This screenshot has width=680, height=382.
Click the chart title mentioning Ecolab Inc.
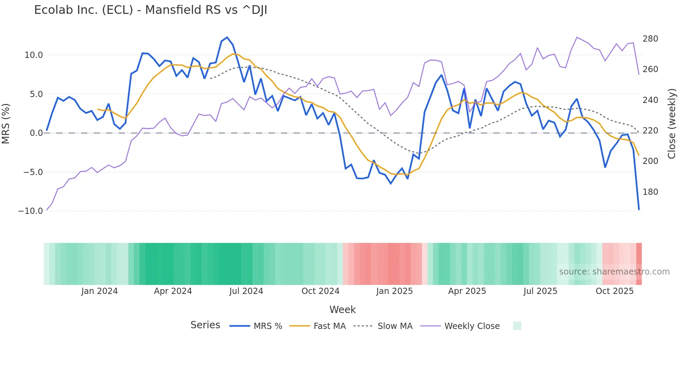pyautogui.click(x=151, y=10)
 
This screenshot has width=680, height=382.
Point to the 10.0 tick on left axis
pyautogui.click(x=34, y=55)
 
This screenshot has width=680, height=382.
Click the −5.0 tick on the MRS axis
pyautogui.click(x=33, y=172)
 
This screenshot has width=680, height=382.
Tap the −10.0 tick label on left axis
pyautogui.click(x=31, y=211)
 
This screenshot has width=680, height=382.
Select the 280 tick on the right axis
pyautogui.click(x=650, y=39)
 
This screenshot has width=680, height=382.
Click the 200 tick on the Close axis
pyautogui.click(x=650, y=161)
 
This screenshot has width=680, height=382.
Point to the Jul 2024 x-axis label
pyautogui.click(x=246, y=291)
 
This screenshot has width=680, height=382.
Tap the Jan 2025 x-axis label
pyautogui.click(x=394, y=291)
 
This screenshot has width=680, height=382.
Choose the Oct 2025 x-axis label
pyautogui.click(x=614, y=291)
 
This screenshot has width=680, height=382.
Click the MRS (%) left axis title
pyautogui.click(x=6, y=123)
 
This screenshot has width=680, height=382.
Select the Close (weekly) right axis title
pyautogui.click(x=672, y=124)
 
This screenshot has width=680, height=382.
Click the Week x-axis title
pyautogui.click(x=342, y=310)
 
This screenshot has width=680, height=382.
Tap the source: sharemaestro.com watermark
pyautogui.click(x=614, y=272)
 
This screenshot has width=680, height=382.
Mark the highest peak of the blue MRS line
pyautogui.click(x=227, y=37)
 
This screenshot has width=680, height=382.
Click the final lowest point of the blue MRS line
pyautogui.click(x=639, y=209)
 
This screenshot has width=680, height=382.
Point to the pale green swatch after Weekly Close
pyautogui.click(x=517, y=326)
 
